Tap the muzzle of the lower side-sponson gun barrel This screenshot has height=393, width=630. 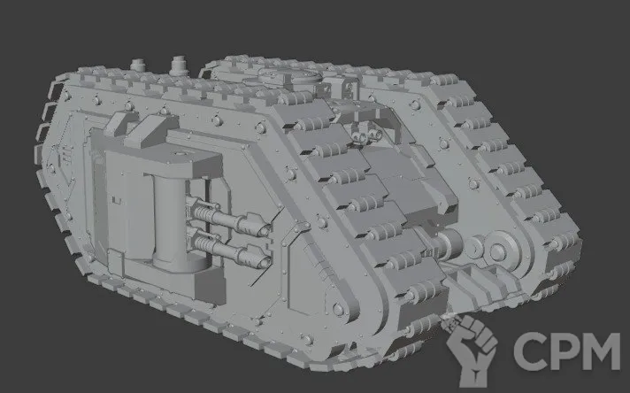[x=265, y=262]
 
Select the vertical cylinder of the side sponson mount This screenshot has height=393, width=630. [x=170, y=220]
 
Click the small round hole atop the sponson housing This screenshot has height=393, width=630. [x=178, y=153]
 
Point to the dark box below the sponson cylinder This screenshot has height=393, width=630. [x=210, y=287]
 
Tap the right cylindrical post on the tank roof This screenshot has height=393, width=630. [x=178, y=65]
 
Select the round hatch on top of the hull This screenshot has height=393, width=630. [x=289, y=75]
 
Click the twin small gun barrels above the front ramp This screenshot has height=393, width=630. [x=367, y=135]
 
